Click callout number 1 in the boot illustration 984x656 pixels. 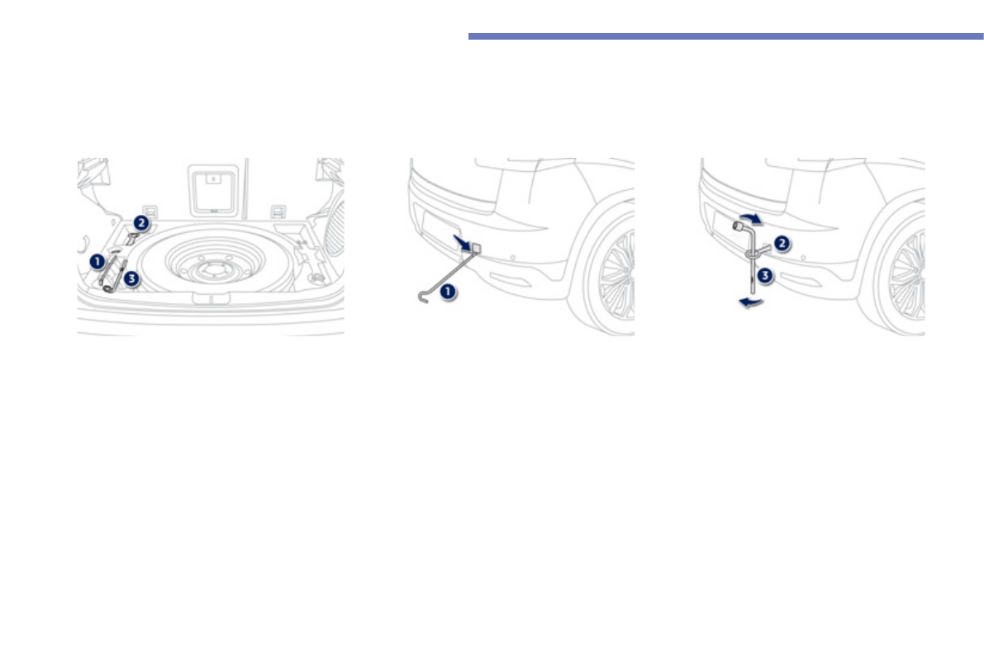coord(97,262)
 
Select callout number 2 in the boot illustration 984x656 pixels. coord(141,222)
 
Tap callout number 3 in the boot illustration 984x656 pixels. coord(131,279)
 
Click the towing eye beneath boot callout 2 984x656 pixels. coord(132,239)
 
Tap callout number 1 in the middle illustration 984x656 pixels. coord(447,291)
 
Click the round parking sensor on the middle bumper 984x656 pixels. coord(514,257)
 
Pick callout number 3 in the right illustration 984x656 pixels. coord(766,276)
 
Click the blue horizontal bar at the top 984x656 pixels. coord(725,36)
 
